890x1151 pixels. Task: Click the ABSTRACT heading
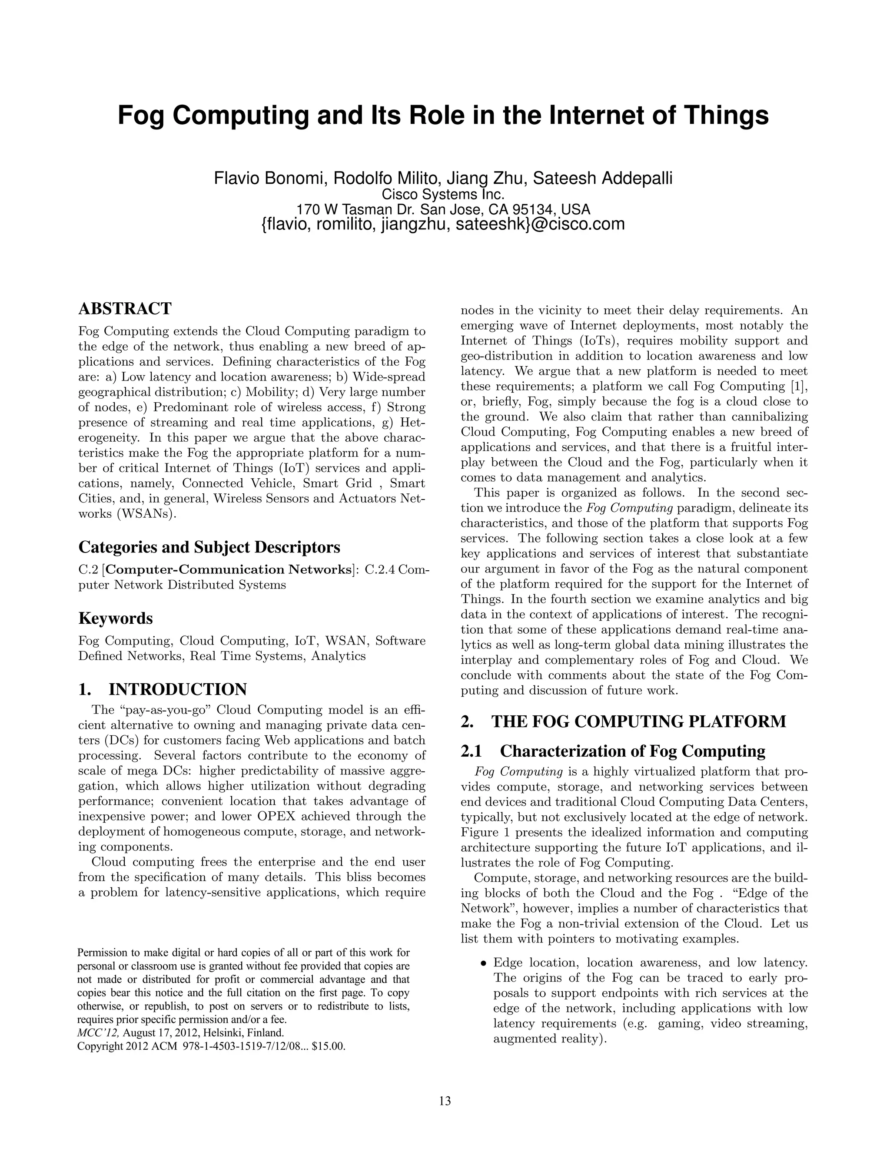(x=125, y=308)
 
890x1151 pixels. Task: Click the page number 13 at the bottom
(x=445, y=1101)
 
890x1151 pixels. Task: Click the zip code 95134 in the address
(x=528, y=209)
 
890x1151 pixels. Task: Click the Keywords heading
(x=116, y=618)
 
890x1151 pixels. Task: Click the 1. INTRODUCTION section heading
(x=163, y=689)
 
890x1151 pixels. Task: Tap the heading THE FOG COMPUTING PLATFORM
(x=638, y=721)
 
